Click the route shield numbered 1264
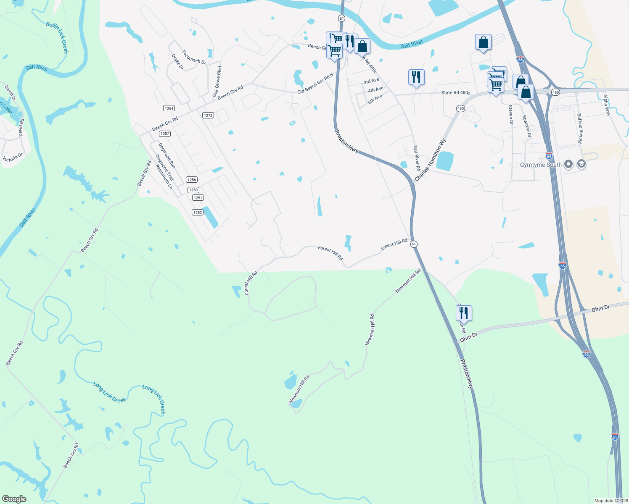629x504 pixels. click(169, 108)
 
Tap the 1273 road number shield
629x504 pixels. click(208, 115)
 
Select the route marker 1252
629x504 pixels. click(198, 213)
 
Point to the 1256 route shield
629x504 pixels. click(192, 180)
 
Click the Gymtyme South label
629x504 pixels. click(541, 165)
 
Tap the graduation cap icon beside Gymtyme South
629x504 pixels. click(581, 164)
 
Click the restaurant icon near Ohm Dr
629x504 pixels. click(464, 313)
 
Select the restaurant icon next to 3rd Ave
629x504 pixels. click(416, 77)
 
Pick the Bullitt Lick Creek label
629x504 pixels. click(57, 38)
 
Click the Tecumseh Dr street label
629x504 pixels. click(194, 57)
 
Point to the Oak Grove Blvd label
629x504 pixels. click(217, 81)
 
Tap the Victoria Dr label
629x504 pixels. click(13, 157)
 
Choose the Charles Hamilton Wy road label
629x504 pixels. click(430, 160)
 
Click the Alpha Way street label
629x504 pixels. click(607, 105)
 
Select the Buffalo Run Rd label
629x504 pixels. click(579, 129)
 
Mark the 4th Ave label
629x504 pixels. click(375, 89)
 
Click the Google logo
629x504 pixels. click(14, 499)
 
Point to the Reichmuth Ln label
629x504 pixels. click(164, 177)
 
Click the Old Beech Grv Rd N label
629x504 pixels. click(315, 83)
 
